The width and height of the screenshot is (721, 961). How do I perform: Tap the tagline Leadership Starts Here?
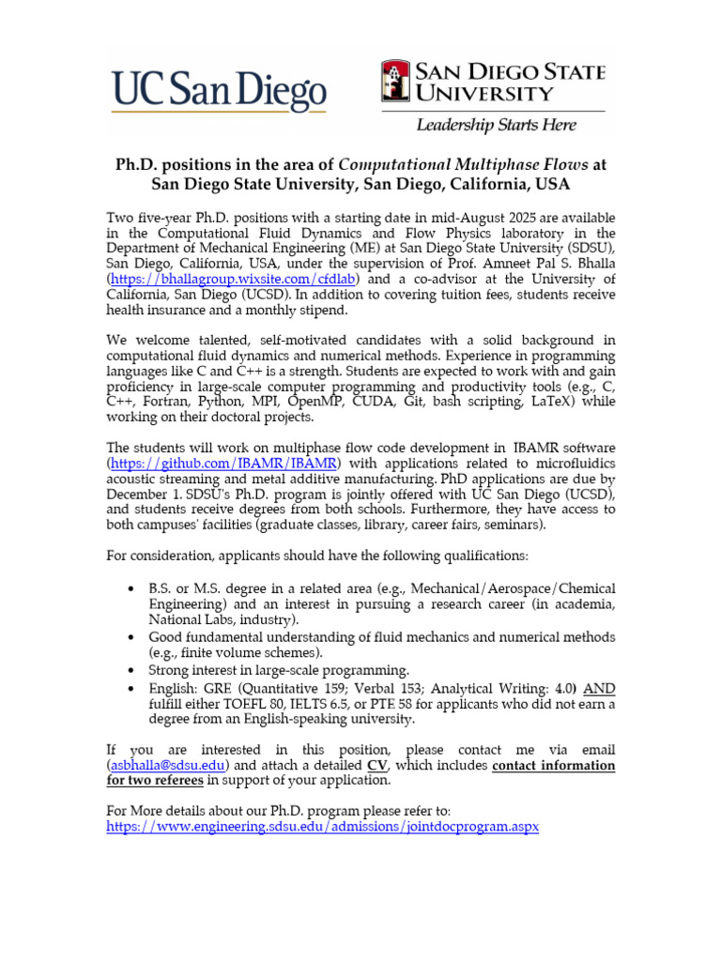click(x=497, y=124)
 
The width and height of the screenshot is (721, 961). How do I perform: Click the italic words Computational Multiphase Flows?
click(x=465, y=164)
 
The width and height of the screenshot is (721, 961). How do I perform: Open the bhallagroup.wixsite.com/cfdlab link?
click(x=238, y=280)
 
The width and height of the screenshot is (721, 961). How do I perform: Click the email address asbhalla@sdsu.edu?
click(x=168, y=766)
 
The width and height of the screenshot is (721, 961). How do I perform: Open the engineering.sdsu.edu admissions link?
click(x=323, y=827)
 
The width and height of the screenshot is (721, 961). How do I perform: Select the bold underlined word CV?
click(x=377, y=766)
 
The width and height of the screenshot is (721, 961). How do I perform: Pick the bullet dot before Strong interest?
click(x=130, y=671)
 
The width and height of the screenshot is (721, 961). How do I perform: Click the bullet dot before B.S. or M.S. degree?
click(x=130, y=588)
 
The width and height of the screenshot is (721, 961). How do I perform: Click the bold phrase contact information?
click(x=553, y=766)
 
